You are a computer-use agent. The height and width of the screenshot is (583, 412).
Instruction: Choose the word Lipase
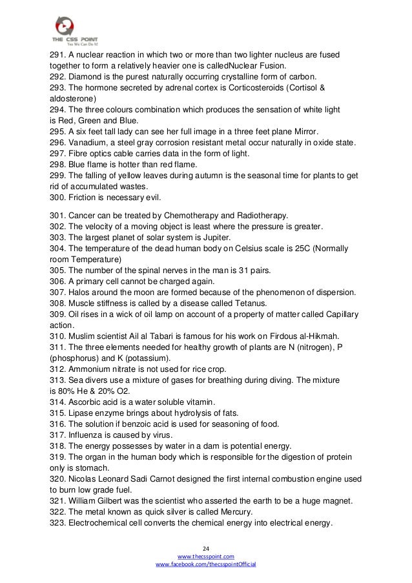click(81, 412)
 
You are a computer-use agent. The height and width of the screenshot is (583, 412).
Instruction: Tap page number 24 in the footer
click(206, 546)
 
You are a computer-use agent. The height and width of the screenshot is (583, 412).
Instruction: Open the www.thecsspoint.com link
click(206, 555)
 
